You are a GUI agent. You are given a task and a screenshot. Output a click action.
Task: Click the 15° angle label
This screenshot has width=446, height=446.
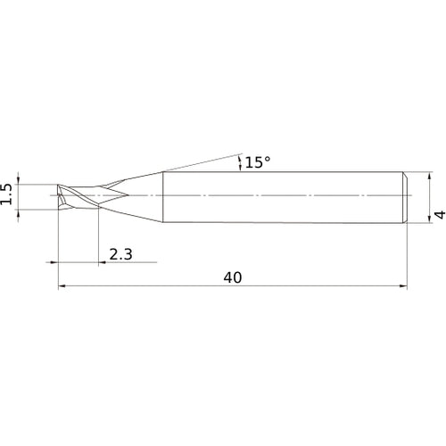(x=258, y=162)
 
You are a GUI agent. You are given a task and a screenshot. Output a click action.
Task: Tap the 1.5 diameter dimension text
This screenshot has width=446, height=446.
(x=6, y=194)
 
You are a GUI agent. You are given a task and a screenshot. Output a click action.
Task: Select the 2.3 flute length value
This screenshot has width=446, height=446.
(x=120, y=254)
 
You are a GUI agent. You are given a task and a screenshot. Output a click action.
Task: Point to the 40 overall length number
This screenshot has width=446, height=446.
(x=233, y=277)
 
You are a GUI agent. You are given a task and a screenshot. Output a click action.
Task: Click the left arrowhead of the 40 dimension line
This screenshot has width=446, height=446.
(x=62, y=286)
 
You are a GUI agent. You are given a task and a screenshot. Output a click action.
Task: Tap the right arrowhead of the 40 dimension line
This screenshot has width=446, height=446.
(x=403, y=286)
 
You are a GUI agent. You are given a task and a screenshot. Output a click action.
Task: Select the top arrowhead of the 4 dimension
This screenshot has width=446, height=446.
(x=429, y=176)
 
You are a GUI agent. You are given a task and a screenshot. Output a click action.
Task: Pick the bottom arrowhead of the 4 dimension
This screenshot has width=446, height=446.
(x=429, y=219)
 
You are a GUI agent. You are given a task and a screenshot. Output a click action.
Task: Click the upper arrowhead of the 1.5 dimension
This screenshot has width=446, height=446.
(x=19, y=180)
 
